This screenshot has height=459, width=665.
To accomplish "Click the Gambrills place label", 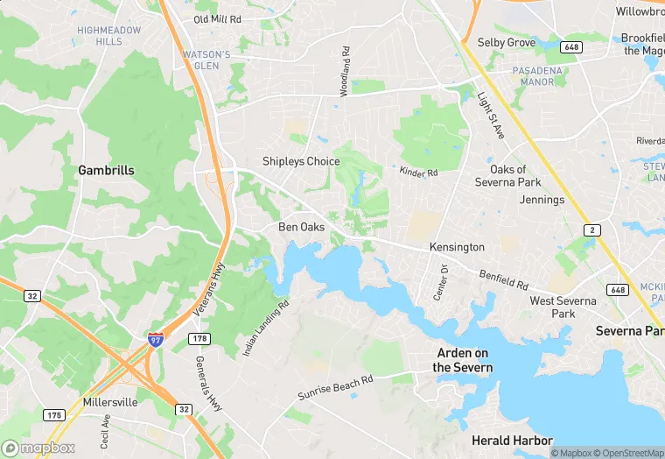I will (106, 170).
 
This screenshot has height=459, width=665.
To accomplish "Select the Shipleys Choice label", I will (301, 161).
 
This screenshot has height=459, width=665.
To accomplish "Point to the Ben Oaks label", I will (301, 227).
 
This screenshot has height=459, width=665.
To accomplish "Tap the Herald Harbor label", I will (512, 440).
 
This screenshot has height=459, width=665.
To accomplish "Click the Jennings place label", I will (542, 200).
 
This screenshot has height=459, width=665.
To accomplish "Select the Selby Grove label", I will (506, 42).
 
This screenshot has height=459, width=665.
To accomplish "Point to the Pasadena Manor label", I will (533, 74).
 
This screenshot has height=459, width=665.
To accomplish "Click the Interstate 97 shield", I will (155, 340).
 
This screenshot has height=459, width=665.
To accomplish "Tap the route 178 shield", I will (199, 338).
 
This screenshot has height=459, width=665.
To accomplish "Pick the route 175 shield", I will (54, 414).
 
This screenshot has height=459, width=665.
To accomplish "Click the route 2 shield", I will (592, 229).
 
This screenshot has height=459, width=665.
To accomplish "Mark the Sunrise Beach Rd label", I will (335, 386).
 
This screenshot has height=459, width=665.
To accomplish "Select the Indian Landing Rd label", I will (266, 328).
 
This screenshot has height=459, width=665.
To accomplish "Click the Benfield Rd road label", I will (503, 279).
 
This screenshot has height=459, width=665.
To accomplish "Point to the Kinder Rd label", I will (418, 173).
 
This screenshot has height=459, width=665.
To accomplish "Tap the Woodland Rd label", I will (345, 71).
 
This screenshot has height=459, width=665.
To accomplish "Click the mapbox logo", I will (39, 448).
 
